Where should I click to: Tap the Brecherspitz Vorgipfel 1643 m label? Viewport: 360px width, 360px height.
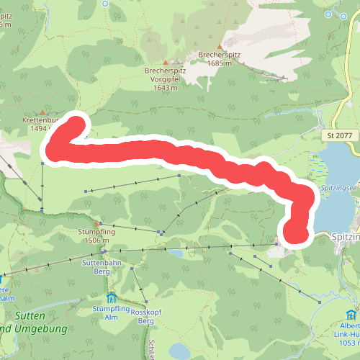pyautogui.click(x=165, y=75)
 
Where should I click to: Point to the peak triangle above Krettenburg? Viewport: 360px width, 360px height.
pyautogui.click(x=43, y=112)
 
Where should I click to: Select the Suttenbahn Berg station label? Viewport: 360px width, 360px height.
pyautogui.click(x=104, y=268)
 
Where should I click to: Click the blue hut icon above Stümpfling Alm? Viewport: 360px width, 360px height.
pyautogui.click(x=110, y=297)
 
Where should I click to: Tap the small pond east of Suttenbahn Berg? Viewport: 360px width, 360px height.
pyautogui.click(x=174, y=253)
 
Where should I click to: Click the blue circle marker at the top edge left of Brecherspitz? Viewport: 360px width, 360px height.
pyautogui.click(x=106, y=3)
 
